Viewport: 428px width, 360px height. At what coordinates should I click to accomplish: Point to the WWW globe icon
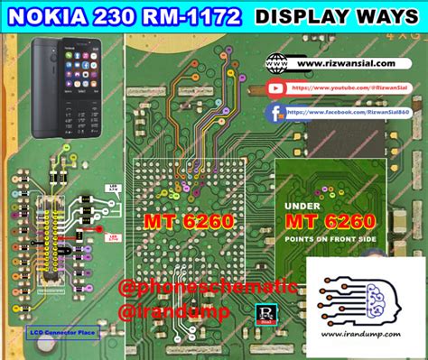tap(278, 64)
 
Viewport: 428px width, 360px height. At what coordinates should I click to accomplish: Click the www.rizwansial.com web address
tap(348, 64)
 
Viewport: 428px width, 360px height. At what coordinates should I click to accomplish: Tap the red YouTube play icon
tap(278, 88)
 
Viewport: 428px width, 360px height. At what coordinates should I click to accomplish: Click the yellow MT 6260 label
tap(190, 221)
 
